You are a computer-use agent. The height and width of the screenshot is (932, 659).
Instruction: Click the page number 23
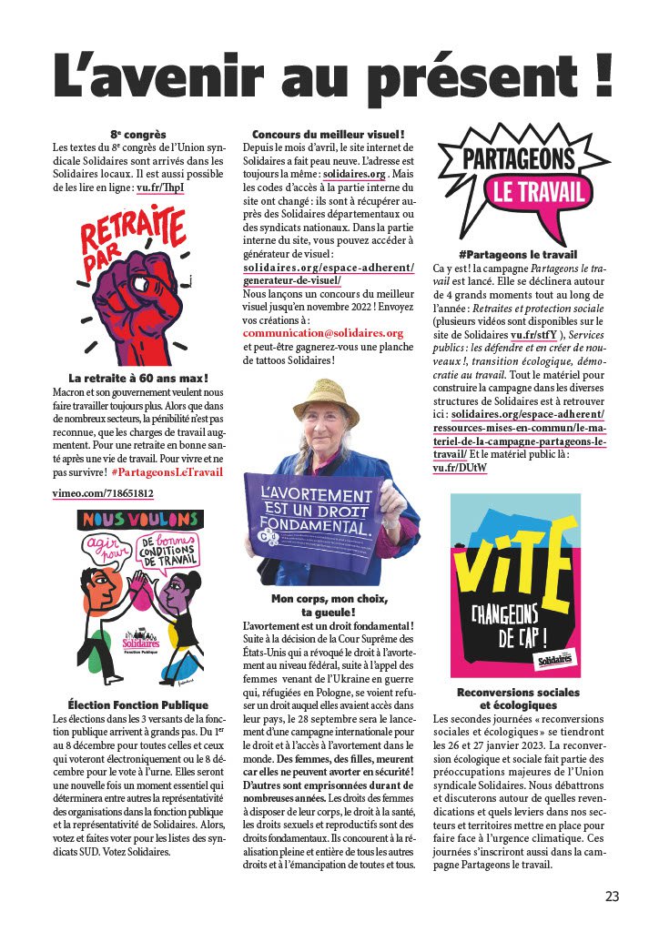click(x=612, y=896)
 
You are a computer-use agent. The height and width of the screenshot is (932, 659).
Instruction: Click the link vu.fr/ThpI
click(x=160, y=187)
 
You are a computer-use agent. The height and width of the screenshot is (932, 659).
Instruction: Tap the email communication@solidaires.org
click(x=323, y=333)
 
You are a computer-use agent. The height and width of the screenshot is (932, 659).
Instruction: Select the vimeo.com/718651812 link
click(x=102, y=493)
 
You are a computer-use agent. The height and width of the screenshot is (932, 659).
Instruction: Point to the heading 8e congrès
click(x=137, y=135)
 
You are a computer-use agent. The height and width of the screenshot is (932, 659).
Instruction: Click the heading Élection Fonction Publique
click(x=138, y=704)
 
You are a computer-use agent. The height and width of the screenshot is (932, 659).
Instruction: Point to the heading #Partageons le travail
click(x=519, y=255)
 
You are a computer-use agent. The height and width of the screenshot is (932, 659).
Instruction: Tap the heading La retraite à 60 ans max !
click(x=138, y=378)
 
